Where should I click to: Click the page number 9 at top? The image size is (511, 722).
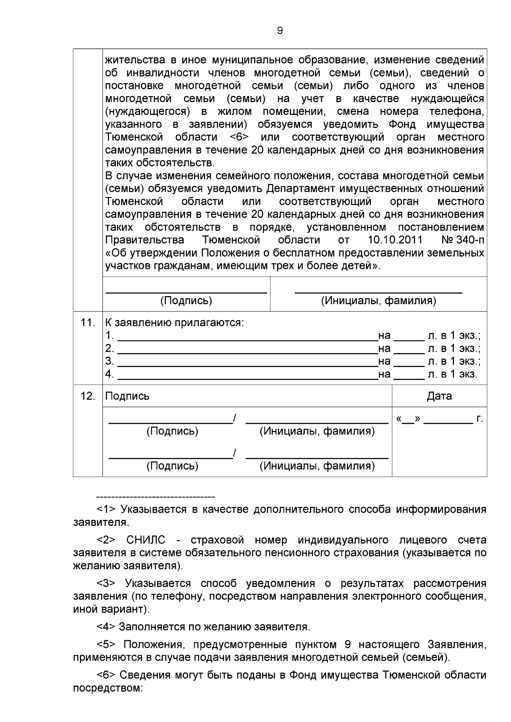point(280,31)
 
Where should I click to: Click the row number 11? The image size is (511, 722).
point(88,322)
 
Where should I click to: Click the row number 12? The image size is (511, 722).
point(88,396)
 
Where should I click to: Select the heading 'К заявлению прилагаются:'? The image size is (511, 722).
point(175,322)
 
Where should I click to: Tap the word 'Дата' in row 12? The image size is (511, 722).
point(439,396)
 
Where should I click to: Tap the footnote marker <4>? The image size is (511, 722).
point(106,627)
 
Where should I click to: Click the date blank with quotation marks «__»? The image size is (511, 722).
point(408,420)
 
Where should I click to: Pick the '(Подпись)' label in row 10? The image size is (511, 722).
point(186,301)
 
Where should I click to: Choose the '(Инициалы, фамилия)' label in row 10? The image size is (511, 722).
point(378,301)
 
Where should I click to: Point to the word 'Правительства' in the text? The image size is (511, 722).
point(144,240)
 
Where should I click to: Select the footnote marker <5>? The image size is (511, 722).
point(106,645)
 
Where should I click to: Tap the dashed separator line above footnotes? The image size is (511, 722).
point(155,497)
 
